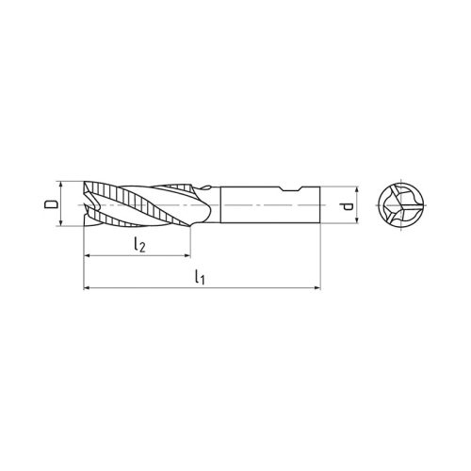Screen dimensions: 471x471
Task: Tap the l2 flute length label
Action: tap(138, 245)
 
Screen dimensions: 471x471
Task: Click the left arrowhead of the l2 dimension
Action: tap(88, 255)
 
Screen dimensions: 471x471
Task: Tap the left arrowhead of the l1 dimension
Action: tap(88, 286)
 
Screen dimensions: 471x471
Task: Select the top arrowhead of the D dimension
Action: tap(63, 184)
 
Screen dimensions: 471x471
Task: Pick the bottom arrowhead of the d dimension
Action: tap(357, 222)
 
